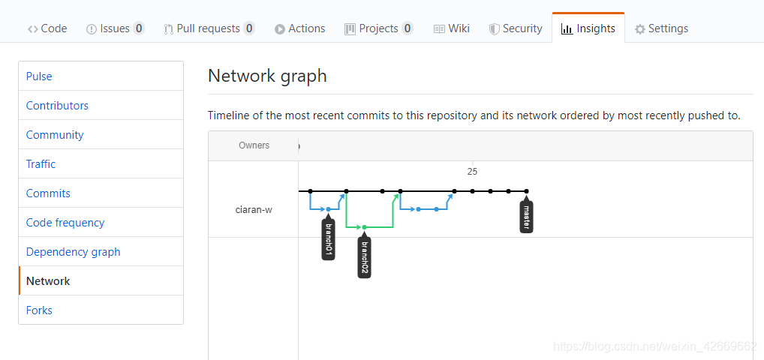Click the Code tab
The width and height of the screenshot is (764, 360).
[x=47, y=28]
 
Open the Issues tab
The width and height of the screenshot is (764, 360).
[x=115, y=28]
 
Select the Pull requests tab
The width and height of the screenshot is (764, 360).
[x=209, y=28]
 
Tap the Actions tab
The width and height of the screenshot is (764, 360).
[x=299, y=28]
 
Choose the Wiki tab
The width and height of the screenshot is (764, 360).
[x=452, y=28]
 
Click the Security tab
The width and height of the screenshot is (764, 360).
[x=516, y=28]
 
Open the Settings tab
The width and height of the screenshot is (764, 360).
[x=661, y=28]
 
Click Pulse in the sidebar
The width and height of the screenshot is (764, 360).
[x=39, y=76]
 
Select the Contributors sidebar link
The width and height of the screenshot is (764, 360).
[x=57, y=106]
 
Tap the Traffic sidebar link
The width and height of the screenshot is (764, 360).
[x=41, y=164]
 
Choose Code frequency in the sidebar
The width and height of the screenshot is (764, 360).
[x=65, y=223]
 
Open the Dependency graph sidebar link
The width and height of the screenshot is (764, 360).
[x=73, y=252]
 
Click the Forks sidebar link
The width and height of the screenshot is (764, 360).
[x=39, y=310]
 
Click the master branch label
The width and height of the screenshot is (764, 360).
[x=526, y=217]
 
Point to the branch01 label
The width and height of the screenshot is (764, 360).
[x=329, y=239]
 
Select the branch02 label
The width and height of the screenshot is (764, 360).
[x=365, y=258]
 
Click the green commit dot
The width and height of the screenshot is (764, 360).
[x=365, y=227]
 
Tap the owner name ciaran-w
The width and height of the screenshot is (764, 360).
[x=254, y=211]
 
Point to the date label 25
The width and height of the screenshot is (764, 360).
[x=472, y=172]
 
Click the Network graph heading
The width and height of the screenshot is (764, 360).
[x=267, y=76]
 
